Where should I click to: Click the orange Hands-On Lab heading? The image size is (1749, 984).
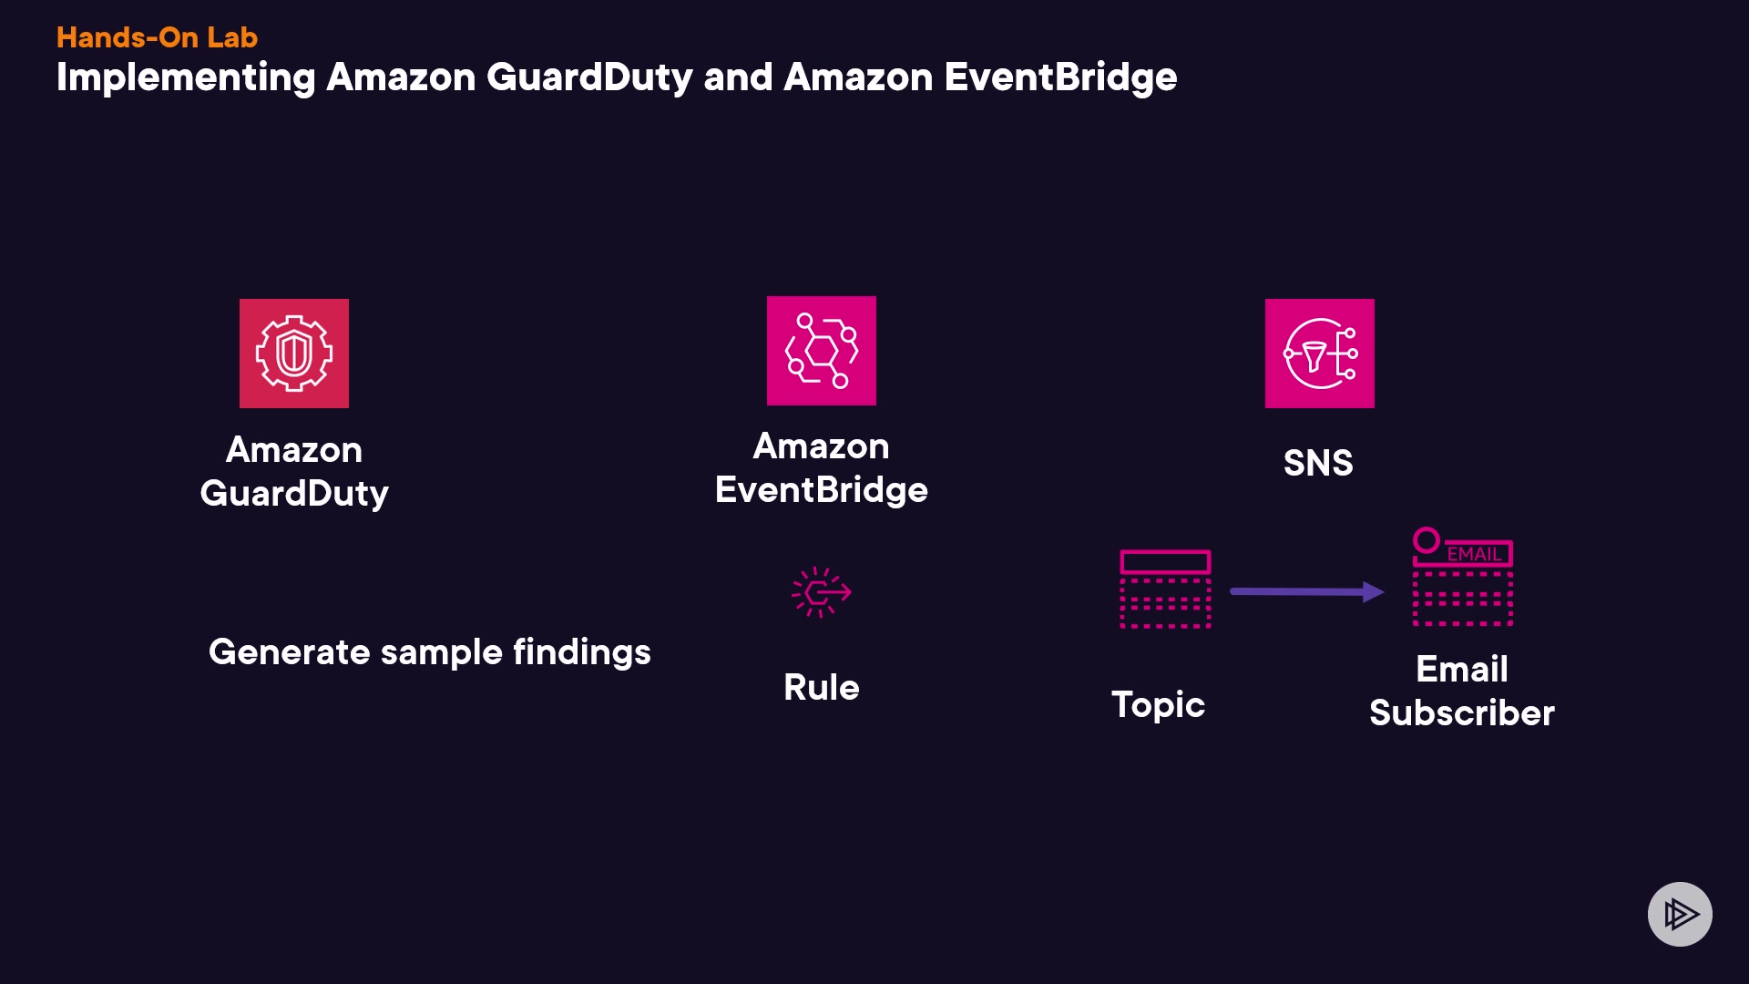pyautogui.click(x=157, y=37)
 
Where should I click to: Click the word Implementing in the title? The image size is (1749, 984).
pyautogui.click(x=186, y=78)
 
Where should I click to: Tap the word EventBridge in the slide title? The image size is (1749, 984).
pyautogui.click(x=1060, y=77)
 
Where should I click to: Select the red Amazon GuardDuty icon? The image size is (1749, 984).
pyautogui.click(x=293, y=354)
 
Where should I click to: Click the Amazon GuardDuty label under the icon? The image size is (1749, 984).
pyautogui.click(x=293, y=471)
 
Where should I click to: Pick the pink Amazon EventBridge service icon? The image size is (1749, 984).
pyautogui.click(x=821, y=351)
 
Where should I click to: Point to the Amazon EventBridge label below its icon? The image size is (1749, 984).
pyautogui.click(x=821, y=467)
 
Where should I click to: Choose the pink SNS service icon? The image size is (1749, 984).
pyautogui.click(x=1319, y=354)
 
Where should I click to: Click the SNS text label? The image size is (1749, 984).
pyautogui.click(x=1317, y=463)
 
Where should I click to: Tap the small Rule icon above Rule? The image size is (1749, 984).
pyautogui.click(x=821, y=592)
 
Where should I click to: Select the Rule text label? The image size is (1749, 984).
pyautogui.click(x=821, y=687)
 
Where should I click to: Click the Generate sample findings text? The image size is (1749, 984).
pyautogui.click(x=429, y=652)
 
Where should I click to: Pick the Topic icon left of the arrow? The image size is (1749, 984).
pyautogui.click(x=1165, y=589)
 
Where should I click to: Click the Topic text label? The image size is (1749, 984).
pyautogui.click(x=1158, y=704)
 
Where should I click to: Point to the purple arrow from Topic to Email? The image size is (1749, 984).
pyautogui.click(x=1306, y=591)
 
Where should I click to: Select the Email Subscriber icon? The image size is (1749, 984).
pyautogui.click(x=1462, y=578)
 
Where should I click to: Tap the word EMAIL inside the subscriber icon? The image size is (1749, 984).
pyautogui.click(x=1474, y=554)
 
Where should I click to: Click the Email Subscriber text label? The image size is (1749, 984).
pyautogui.click(x=1461, y=691)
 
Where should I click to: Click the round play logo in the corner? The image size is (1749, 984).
pyautogui.click(x=1680, y=914)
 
